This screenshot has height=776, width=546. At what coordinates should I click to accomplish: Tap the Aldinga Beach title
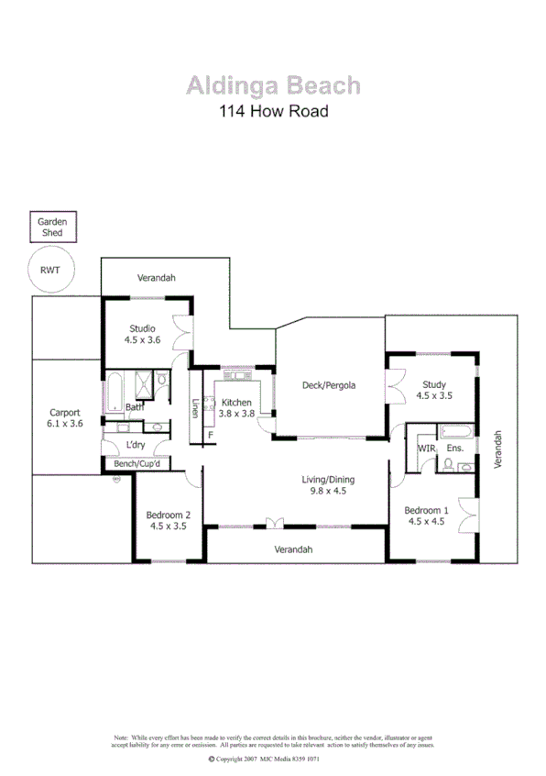pos(273,86)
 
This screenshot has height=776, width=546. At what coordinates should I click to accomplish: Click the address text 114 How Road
pos(273,112)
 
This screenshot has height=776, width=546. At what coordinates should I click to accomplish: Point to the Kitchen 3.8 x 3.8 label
pos(236,408)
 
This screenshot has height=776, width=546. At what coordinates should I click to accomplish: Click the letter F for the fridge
pos(211,434)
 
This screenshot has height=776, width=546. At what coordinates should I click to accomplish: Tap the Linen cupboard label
pos(195,409)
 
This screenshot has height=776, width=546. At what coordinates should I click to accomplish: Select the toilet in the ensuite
pos(448,465)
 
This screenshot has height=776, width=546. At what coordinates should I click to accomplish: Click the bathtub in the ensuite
pos(455,432)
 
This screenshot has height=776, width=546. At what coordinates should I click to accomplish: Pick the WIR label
pos(425,449)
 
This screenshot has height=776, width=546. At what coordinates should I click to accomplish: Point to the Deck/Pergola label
pos(328,385)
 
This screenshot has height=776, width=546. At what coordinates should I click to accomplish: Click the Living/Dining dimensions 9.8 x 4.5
pos(328,491)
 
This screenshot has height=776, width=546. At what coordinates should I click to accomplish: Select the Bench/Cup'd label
pos(137,464)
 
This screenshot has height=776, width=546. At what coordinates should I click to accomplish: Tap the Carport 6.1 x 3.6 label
pos(66,418)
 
